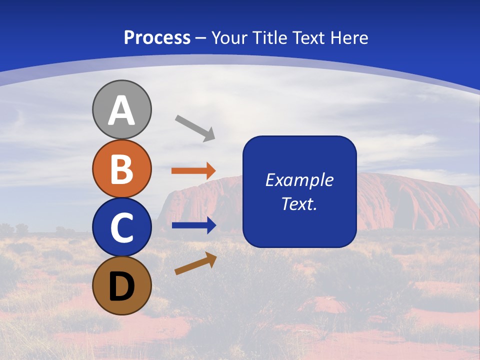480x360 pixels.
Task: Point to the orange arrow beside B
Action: point(193,170)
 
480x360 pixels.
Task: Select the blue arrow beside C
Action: point(193,225)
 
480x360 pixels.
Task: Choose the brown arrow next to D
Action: point(195,264)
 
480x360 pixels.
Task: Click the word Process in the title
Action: point(157,38)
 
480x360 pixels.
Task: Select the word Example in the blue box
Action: point(299,180)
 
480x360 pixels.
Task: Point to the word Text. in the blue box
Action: point(299,203)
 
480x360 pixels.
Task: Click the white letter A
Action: point(121,111)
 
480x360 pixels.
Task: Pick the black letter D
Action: point(121,286)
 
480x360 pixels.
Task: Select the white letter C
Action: point(121,227)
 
